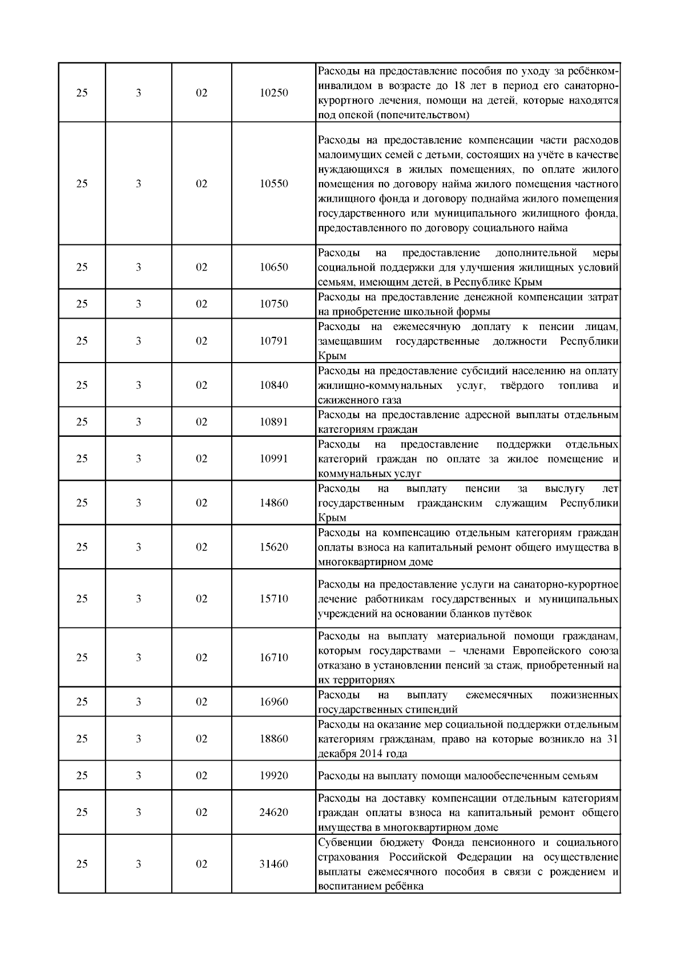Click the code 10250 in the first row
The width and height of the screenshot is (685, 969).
273,93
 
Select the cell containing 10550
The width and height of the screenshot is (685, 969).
273,184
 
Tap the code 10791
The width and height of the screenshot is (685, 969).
273,341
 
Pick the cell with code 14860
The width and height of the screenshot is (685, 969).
273,503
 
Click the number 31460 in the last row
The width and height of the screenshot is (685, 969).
273,864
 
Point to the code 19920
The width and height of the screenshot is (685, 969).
273,775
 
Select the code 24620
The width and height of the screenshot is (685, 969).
273,813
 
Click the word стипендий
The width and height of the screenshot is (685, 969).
429,710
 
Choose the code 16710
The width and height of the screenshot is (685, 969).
273,658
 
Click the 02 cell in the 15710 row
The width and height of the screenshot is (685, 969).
202,599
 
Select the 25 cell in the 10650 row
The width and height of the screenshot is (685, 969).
82,267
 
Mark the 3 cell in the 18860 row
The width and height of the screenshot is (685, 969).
138,739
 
